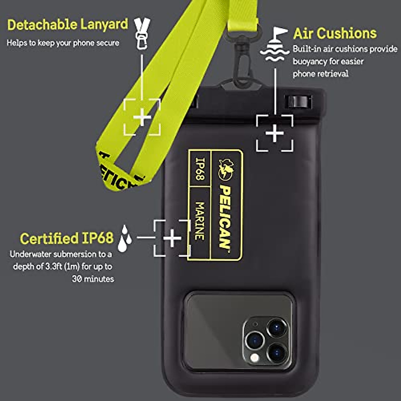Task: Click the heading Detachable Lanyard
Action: [x=68, y=25]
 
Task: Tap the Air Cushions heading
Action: [x=335, y=33]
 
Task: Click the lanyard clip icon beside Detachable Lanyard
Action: [x=142, y=33]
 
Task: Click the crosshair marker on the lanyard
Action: [x=142, y=117]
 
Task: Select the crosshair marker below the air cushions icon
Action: [x=275, y=133]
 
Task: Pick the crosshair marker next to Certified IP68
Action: [x=172, y=238]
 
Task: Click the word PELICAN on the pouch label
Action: [x=226, y=217]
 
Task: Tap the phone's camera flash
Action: [x=255, y=358]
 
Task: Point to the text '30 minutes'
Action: [x=93, y=279]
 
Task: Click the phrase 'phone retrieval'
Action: [x=320, y=74]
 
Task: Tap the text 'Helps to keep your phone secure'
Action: [x=63, y=43]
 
